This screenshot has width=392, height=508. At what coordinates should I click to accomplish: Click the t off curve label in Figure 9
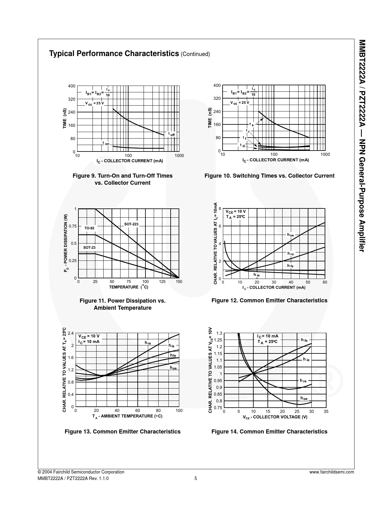pyautogui.click(x=171, y=134)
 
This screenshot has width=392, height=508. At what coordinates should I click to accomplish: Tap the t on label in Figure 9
pyautogui.click(x=106, y=143)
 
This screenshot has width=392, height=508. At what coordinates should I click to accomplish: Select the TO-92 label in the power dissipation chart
pyautogui.click(x=89, y=228)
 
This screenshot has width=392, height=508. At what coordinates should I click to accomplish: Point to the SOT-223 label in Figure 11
pyautogui.click(x=131, y=224)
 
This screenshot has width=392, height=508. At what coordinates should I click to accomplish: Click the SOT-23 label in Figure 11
pyautogui.click(x=89, y=248)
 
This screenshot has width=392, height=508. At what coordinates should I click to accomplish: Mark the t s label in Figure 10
pyautogui.click(x=251, y=124)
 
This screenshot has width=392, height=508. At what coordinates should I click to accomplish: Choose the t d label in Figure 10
pyautogui.click(x=242, y=145)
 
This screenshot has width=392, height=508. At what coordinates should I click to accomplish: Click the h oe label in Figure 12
pyautogui.click(x=291, y=235)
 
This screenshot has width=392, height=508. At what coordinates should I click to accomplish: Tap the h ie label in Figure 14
pyautogui.click(x=306, y=359)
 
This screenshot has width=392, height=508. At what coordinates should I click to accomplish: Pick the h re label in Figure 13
pyautogui.click(x=148, y=343)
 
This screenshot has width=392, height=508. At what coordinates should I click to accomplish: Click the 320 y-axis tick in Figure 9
pyautogui.click(x=72, y=99)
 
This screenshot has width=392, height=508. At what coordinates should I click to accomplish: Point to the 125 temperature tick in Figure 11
pyautogui.click(x=162, y=282)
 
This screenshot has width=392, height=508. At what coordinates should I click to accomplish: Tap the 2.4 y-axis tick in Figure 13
pyautogui.click(x=71, y=333)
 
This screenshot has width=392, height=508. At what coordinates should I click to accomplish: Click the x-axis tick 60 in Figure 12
pyautogui.click(x=325, y=282)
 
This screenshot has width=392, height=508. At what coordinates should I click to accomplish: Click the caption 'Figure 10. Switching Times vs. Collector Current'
pyautogui.click(x=269, y=176)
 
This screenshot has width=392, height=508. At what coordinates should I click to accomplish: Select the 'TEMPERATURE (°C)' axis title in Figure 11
pyautogui.click(x=129, y=287)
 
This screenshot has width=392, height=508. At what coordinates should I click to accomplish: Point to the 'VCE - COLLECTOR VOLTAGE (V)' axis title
pyautogui.click(x=275, y=417)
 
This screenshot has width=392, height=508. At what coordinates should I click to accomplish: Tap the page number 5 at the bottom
pyautogui.click(x=196, y=478)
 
